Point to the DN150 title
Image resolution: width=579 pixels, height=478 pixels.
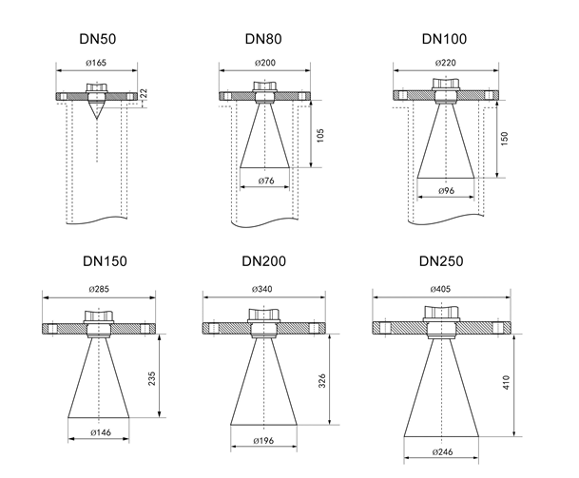pyautogui.click(x=99, y=261)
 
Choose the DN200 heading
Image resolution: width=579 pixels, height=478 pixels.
pyautogui.click(x=264, y=261)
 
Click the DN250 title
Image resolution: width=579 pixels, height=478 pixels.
pyautogui.click(x=444, y=261)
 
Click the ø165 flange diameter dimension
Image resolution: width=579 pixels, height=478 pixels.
pyautogui.click(x=98, y=64)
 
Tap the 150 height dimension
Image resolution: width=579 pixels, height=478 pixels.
pyautogui.click(x=503, y=140)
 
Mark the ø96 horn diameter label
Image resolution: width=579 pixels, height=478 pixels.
pyautogui.click(x=444, y=191)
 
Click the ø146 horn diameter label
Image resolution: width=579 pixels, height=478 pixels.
pyautogui.click(x=99, y=431)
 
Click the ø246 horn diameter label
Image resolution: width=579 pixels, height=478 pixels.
pyautogui.click(x=444, y=452)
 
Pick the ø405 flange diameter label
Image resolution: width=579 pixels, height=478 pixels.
pyautogui.click(x=444, y=288)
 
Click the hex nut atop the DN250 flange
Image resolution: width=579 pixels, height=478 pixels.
pyautogui.click(x=444, y=315)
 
